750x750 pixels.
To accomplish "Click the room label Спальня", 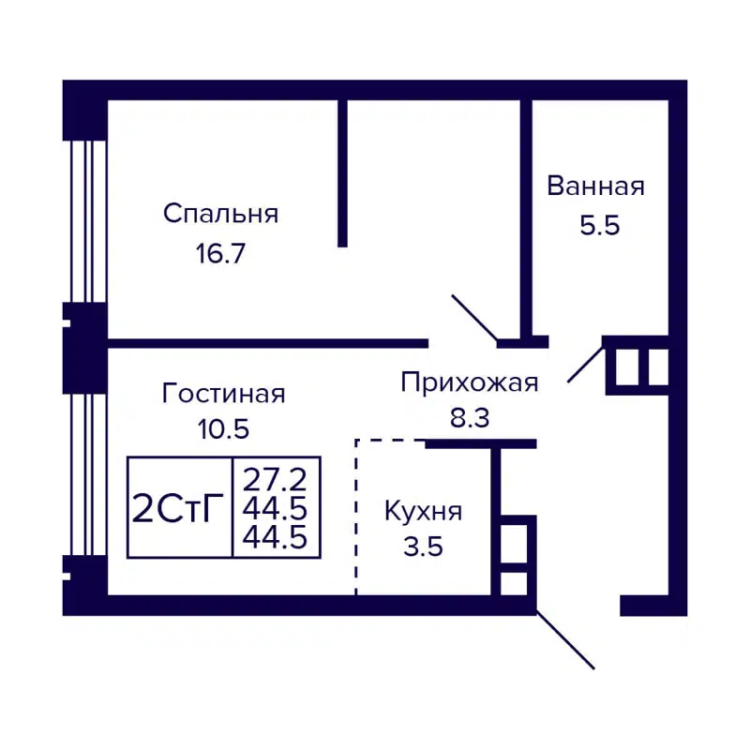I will coord(220,214).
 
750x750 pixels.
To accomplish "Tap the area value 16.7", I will coord(220,253).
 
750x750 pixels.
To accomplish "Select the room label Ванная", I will coord(596,186).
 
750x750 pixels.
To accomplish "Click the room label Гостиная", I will coord(223,393).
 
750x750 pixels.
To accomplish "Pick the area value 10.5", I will coord(223,429).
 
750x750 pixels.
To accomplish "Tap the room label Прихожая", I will coord(470,382).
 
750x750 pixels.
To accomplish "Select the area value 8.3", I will coord(470,418).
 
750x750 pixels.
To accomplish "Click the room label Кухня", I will coord(423,512).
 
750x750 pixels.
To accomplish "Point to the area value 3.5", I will coord(423,547).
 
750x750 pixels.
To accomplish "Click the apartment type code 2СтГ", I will coord(178,509).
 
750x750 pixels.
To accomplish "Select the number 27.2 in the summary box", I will coord(276,480).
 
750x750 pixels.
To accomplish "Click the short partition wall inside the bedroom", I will coord(342,173).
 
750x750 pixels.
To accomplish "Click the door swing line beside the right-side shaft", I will coord(585,365).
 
